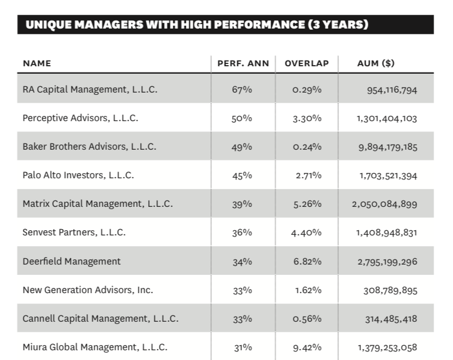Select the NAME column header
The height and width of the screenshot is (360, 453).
(x=37, y=63)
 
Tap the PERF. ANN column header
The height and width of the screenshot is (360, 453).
(x=243, y=63)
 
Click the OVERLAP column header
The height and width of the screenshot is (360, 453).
(x=307, y=63)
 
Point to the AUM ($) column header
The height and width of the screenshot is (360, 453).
(x=376, y=63)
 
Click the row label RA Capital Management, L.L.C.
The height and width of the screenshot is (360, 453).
(x=90, y=90)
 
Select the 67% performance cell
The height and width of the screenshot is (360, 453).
(x=243, y=90)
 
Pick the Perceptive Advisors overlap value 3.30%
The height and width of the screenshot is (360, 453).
(x=307, y=119)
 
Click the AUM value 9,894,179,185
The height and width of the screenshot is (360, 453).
(x=387, y=147)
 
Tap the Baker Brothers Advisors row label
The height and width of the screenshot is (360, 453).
(x=89, y=147)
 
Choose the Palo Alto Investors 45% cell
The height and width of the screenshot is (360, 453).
(x=243, y=175)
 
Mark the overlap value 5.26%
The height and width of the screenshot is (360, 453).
(x=307, y=204)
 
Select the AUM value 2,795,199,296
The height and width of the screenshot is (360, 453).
(x=387, y=262)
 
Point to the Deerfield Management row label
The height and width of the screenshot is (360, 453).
(x=71, y=261)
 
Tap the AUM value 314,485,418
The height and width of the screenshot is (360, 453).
(x=391, y=319)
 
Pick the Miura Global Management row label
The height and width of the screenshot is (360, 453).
(x=95, y=346)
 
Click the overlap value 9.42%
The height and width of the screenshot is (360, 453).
(x=307, y=347)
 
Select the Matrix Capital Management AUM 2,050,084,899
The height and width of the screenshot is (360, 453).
(x=387, y=204)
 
